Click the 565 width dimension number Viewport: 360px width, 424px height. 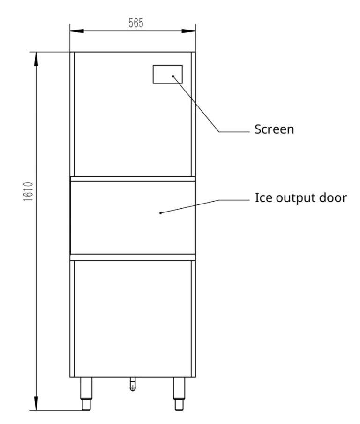click(x=136, y=23)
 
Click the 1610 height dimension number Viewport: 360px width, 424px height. click(x=28, y=191)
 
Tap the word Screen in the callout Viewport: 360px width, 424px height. click(x=274, y=129)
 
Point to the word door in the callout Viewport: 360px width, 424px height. click(x=333, y=197)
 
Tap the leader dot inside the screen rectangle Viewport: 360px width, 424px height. click(x=173, y=76)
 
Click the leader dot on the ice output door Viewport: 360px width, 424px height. click(x=160, y=213)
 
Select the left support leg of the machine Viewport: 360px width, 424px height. click(x=86, y=394)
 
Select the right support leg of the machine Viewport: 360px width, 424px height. click(x=179, y=394)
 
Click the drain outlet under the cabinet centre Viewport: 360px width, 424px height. click(x=133, y=384)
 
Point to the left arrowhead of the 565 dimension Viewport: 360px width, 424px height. click(x=77, y=31)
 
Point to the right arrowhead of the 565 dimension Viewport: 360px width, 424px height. click(x=188, y=31)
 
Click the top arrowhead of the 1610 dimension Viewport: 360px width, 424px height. click(x=36, y=59)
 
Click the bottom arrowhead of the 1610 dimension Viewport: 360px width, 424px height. click(x=36, y=403)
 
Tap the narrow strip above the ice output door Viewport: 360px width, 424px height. click(x=133, y=179)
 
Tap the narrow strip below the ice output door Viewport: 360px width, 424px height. click(x=133, y=257)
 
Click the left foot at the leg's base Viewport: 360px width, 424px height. click(x=86, y=405)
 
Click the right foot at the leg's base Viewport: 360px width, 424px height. click(x=179, y=405)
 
